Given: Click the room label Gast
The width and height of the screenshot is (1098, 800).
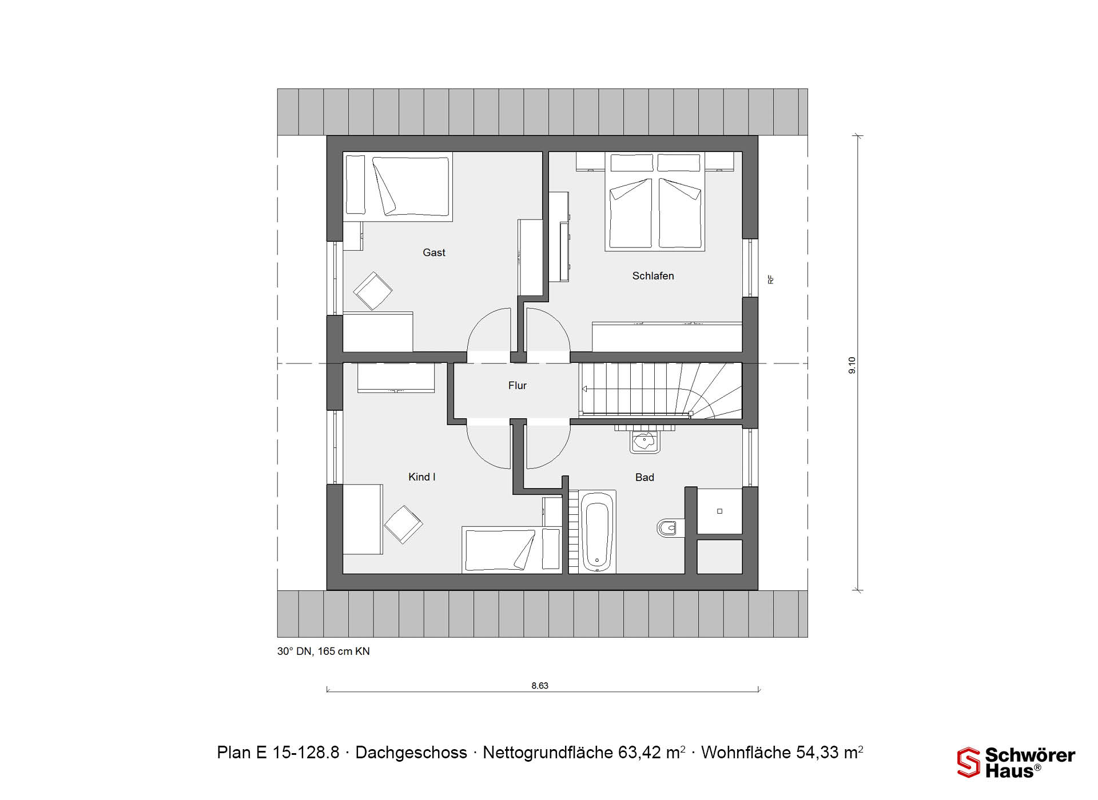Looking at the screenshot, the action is coord(434,253).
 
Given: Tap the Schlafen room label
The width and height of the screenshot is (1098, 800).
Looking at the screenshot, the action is coord(653,276).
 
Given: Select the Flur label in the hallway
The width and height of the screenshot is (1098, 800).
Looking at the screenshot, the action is coord(518,386).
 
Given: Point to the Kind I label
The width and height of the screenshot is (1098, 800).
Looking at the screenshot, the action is coord(422,477).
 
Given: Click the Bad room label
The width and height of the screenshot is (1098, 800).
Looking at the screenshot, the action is coord(645,478).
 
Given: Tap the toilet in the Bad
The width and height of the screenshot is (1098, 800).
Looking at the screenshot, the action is coord(670,528).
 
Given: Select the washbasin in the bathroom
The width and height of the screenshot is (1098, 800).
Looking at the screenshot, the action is coord(645,441).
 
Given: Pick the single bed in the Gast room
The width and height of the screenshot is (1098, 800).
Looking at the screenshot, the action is coord(398,186).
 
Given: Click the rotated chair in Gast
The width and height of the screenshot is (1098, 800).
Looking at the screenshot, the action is coord(373,291).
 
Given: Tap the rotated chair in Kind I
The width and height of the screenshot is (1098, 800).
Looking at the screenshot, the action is coord(403,525).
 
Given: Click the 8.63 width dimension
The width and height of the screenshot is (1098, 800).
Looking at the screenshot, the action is coord(540,686).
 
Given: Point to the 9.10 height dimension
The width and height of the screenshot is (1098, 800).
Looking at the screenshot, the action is coord(852,365).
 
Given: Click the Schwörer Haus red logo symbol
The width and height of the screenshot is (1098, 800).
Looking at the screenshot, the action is coord(969,762).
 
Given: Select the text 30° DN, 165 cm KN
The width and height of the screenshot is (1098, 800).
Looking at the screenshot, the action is coord(324,651).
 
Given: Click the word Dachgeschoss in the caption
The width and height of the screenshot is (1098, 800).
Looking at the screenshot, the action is coord(411,753).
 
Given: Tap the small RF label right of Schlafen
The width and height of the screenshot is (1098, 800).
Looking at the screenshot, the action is coord(771,279).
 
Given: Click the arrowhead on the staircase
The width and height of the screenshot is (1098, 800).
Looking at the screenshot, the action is coord(584,389).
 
